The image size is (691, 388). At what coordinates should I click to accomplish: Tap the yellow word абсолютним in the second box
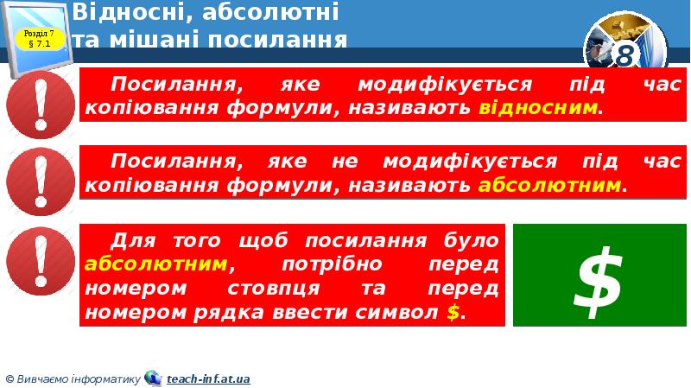point(549,185)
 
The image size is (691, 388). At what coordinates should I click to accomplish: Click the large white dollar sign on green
point(599,276)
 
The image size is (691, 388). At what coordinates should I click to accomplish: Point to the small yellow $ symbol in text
point(453,313)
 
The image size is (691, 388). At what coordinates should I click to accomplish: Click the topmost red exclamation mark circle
point(41,106)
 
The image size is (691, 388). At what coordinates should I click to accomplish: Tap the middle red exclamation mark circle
point(41,183)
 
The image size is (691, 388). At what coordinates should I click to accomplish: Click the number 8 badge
point(625,55)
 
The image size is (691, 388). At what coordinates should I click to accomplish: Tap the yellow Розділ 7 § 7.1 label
point(40,38)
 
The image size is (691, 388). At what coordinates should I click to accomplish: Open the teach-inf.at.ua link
point(208,378)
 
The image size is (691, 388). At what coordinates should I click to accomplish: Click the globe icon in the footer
point(153,378)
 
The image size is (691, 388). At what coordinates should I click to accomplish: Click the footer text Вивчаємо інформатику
point(78,378)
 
